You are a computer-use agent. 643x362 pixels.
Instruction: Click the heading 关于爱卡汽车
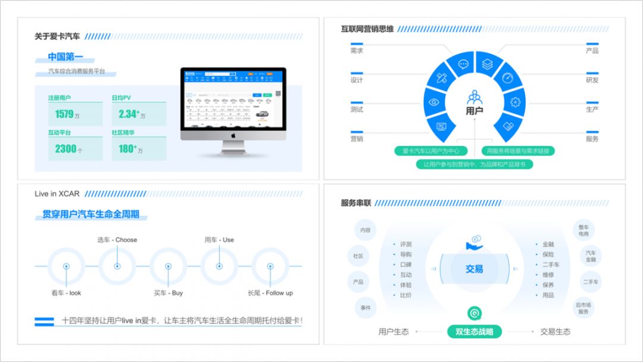[57, 36]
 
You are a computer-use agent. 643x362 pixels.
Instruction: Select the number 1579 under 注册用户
[64, 114]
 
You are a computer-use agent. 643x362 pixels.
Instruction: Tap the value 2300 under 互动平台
[65, 149]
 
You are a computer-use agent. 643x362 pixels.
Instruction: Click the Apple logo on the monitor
[233, 135]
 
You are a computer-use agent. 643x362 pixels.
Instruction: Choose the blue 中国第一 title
[65, 57]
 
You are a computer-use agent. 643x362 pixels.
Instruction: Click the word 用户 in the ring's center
[475, 110]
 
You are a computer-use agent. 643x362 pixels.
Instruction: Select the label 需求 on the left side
[357, 51]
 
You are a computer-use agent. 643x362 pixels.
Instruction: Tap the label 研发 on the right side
[592, 80]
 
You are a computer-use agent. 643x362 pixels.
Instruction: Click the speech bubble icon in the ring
[463, 64]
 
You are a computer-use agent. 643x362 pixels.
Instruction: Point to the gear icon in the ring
[515, 102]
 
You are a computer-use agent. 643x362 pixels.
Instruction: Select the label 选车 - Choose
[117, 240]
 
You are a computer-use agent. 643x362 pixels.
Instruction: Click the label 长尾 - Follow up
[270, 293]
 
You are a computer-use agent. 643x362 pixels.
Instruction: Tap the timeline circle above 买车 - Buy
[168, 266]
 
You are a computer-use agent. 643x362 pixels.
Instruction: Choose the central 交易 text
[475, 269]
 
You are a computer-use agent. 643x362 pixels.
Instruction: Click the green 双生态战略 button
[475, 332]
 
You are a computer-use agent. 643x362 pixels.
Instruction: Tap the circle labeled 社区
[358, 256]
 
